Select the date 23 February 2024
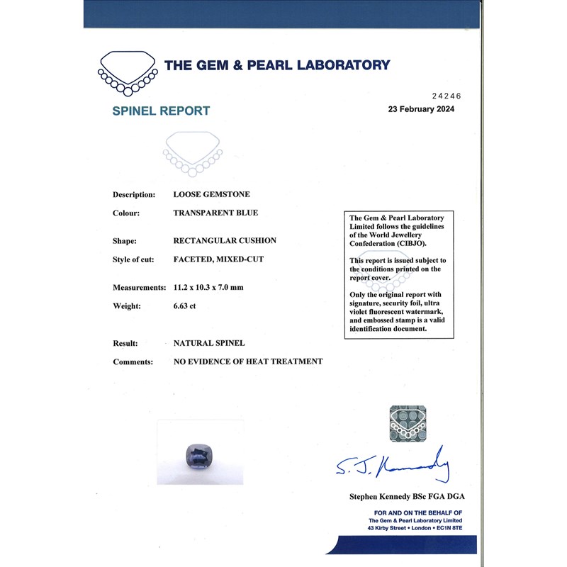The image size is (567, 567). [x=421, y=109]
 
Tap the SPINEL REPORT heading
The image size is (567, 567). [x=161, y=111]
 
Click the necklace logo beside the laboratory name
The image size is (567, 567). [x=128, y=72]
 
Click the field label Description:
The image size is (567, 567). [x=134, y=194]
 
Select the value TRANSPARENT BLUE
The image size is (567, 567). [x=215, y=213]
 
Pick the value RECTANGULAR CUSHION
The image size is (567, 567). [x=225, y=240]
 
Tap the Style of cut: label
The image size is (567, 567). [x=133, y=259]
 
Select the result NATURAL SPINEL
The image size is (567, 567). [x=209, y=343]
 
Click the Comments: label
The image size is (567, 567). [x=133, y=361]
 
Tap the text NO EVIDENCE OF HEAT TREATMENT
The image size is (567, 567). [x=248, y=361]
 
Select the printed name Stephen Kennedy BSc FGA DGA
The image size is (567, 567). [x=406, y=496]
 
